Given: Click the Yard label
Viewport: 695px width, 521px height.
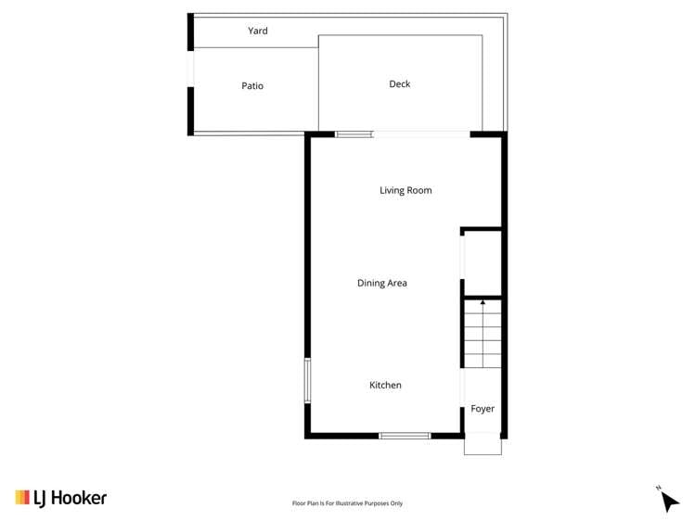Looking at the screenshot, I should coord(257,32).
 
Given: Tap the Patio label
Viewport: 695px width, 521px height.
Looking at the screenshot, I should coord(252,86).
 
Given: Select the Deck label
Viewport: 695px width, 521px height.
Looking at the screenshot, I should coord(399,84).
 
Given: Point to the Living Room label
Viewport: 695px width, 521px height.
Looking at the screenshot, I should coord(405,191).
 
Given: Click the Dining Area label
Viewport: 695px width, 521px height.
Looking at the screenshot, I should coord(382,284).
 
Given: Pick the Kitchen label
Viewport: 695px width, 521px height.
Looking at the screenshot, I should coord(385,386).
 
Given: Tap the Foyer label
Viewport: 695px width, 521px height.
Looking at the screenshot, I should coord(483,409).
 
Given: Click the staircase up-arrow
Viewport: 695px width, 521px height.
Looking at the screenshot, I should coord(483,304).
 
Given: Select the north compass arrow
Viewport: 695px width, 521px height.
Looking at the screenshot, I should coord(670,501).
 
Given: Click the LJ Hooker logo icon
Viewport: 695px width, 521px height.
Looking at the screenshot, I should coord(22,498).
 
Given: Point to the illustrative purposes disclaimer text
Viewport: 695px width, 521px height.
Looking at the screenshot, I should coord(347,503).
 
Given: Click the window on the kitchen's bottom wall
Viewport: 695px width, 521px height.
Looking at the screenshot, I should coord(405,436).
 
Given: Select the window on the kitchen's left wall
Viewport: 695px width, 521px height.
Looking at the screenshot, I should coord(307,380).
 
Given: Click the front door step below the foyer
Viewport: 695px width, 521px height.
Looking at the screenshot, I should coord(483,446).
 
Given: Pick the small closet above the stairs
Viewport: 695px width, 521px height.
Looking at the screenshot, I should coord(482,262).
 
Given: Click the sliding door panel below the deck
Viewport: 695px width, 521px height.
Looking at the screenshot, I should coord(354,135).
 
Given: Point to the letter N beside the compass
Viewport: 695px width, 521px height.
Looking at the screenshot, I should coord(658,488).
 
